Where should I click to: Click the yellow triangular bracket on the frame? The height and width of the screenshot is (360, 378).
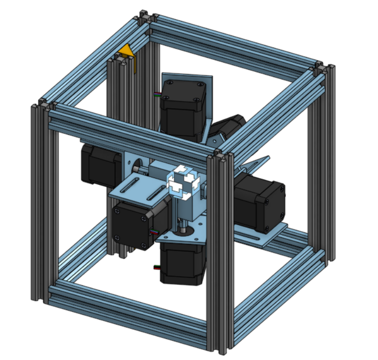(x=128, y=54)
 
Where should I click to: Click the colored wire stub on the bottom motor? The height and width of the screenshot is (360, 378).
(x=156, y=267)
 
